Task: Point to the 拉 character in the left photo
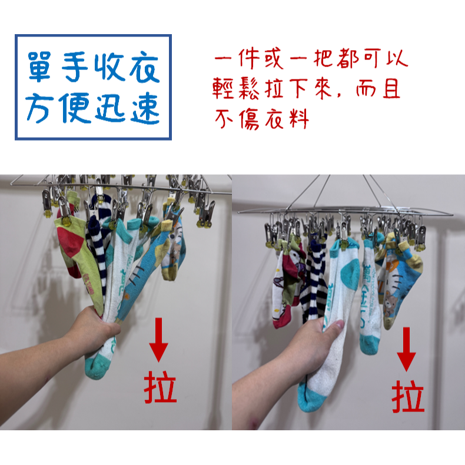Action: click(160, 387)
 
